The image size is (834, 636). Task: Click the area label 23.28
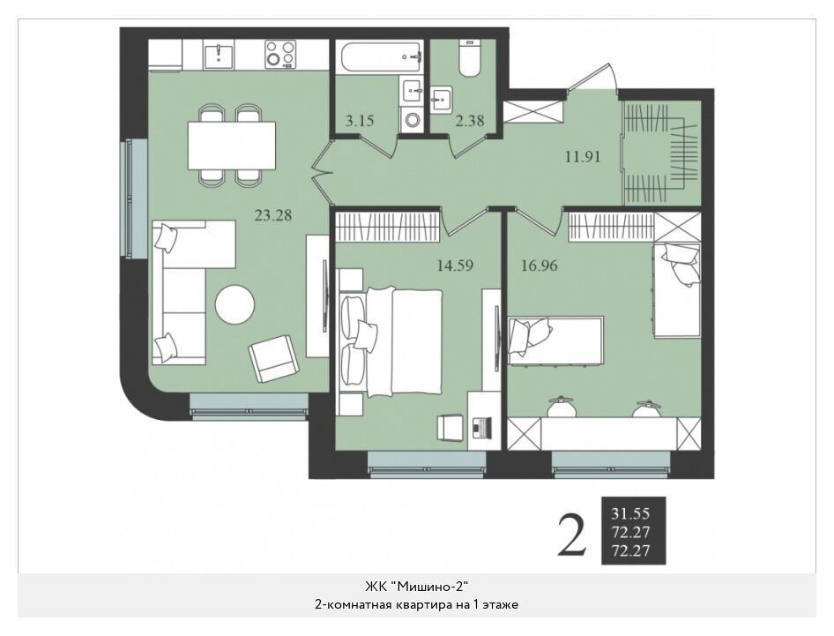click(x=273, y=215)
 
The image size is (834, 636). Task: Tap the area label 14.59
click(x=455, y=265)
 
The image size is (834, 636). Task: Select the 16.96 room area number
click(x=540, y=265)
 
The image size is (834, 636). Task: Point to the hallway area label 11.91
click(x=583, y=157)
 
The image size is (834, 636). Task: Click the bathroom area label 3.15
click(x=360, y=121)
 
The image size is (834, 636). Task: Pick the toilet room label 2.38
click(x=470, y=121)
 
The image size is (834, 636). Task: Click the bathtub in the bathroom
click(x=380, y=57)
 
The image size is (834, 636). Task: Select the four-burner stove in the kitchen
click(x=280, y=54)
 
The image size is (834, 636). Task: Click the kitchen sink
click(x=219, y=56)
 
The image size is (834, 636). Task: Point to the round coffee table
click(x=235, y=305)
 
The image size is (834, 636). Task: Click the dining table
click(x=232, y=146)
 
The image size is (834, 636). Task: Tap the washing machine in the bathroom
click(x=412, y=119)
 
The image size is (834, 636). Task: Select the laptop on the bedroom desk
click(x=482, y=427)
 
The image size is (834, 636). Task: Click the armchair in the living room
click(x=274, y=358)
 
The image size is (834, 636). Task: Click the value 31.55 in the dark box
click(x=631, y=513)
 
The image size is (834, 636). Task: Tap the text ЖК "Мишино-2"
click(x=416, y=587)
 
